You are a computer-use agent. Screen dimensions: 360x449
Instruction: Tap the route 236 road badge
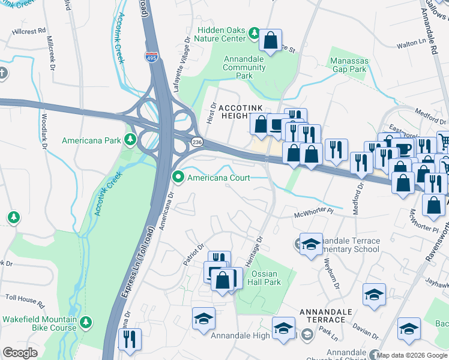(x=197, y=140)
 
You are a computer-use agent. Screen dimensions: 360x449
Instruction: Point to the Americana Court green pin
(x=178, y=178)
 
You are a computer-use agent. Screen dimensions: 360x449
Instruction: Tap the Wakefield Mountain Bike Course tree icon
(x=85, y=323)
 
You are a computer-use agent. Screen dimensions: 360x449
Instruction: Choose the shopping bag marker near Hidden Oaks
(x=271, y=41)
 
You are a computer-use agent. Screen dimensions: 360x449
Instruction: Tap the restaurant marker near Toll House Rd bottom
(x=130, y=339)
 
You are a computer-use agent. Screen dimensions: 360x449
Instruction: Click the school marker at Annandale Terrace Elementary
(x=311, y=244)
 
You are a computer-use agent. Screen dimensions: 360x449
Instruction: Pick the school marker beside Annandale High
(x=283, y=328)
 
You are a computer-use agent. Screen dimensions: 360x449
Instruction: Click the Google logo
(x=20, y=353)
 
